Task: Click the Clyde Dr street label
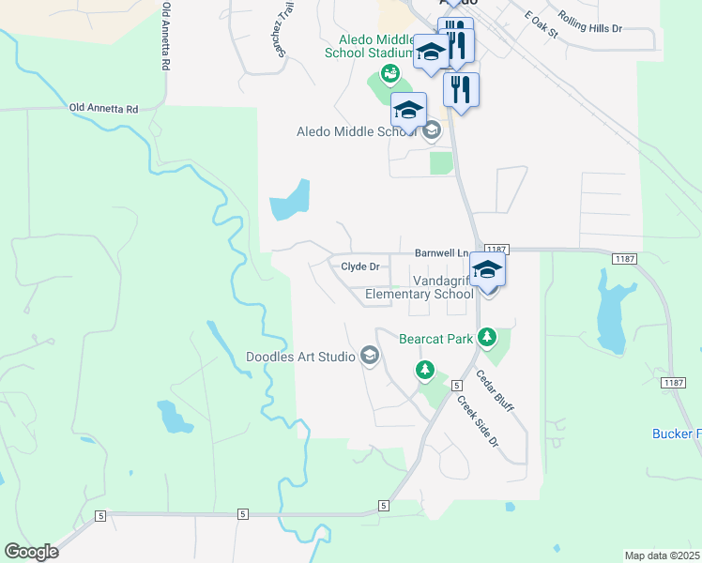pos(359,266)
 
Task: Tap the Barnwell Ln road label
pos(441,253)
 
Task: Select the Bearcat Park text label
pos(435,339)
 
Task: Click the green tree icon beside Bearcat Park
pos(486,336)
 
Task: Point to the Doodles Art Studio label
pos(300,357)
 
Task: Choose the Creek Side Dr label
pos(476,421)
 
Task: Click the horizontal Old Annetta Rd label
pos(103,109)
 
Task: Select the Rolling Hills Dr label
pos(589,22)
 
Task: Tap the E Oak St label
pos(542,26)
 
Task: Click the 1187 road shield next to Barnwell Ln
pos(497,250)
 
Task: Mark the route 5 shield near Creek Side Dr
pos(455,386)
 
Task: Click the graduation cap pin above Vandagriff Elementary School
pos(487,269)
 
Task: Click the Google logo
pos(31,552)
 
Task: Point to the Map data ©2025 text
pos(662,555)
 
